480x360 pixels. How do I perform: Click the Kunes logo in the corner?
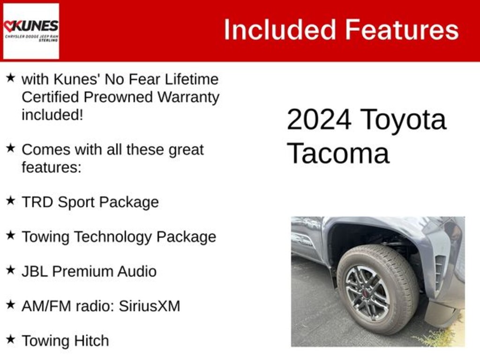click(x=31, y=31)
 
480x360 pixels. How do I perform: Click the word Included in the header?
click(x=280, y=30)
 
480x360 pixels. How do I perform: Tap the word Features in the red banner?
click(x=402, y=30)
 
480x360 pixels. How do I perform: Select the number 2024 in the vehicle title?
click(x=319, y=120)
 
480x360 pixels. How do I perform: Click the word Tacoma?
click(x=338, y=153)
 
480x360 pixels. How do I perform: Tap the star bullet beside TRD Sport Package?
click(x=10, y=201)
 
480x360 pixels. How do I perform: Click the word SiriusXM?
click(x=150, y=306)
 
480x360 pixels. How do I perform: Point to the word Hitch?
click(x=91, y=341)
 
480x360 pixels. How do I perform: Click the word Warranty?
click(x=188, y=98)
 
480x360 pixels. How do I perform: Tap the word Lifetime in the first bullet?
click(x=192, y=79)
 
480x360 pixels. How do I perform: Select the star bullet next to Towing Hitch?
click(x=10, y=339)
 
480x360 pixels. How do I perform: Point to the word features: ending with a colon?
click(x=52, y=167)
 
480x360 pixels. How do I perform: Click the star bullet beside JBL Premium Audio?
click(x=10, y=270)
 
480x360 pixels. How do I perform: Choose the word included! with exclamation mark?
click(x=52, y=115)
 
